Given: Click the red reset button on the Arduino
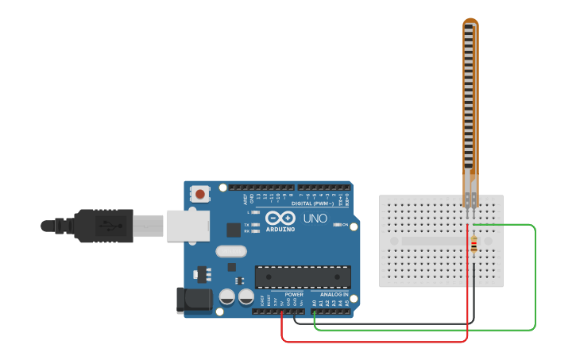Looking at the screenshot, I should pyautogui.click(x=200, y=193).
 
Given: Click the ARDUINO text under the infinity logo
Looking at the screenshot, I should pyautogui.click(x=280, y=229).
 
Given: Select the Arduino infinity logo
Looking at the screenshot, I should pyautogui.click(x=280, y=218).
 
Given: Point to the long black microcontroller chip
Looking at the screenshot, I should pyautogui.click(x=303, y=277).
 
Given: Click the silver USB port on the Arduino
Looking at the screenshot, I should pyautogui.click(x=187, y=225).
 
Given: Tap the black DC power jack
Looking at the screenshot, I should pyautogui.click(x=193, y=300).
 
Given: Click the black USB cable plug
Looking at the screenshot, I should pyautogui.click(x=103, y=225).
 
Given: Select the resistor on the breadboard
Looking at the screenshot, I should pyautogui.click(x=474, y=246).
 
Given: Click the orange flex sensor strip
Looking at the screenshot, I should pyautogui.click(x=471, y=103).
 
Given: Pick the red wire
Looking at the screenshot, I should pyautogui.click(x=373, y=342).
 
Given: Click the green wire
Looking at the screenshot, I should pyautogui.click(x=535, y=278).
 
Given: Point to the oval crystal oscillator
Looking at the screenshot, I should pyautogui.click(x=230, y=252).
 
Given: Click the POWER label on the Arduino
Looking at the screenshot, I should pyautogui.click(x=294, y=294).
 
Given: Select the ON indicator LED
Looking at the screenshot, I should pyautogui.click(x=337, y=225).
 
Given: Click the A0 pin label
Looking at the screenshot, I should pyautogui.click(x=315, y=303).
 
